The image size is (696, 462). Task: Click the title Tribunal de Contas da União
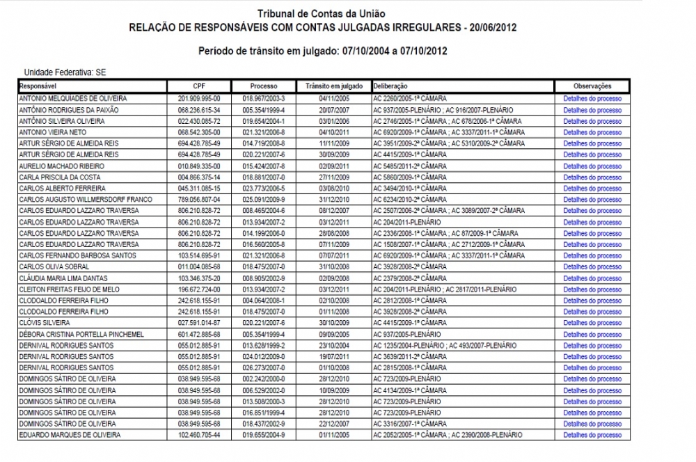point(321,14)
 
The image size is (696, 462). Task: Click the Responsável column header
point(40,86)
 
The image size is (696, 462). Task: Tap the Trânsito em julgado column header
point(333,86)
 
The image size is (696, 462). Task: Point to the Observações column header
point(592,86)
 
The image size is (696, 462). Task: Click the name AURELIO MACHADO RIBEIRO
point(62,166)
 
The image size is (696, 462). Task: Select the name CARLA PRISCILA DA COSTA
point(60,177)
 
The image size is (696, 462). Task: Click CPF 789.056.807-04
point(199,199)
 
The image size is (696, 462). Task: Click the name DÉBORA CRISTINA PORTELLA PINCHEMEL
point(81,334)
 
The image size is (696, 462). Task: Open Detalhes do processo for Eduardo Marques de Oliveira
point(592,435)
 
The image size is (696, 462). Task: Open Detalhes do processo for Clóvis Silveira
point(592,323)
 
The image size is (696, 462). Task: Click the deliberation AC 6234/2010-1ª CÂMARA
point(410,199)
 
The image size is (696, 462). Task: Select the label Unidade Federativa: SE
point(65,72)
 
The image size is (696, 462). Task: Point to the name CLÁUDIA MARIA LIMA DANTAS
point(64,278)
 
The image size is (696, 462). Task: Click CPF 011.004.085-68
point(199,266)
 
